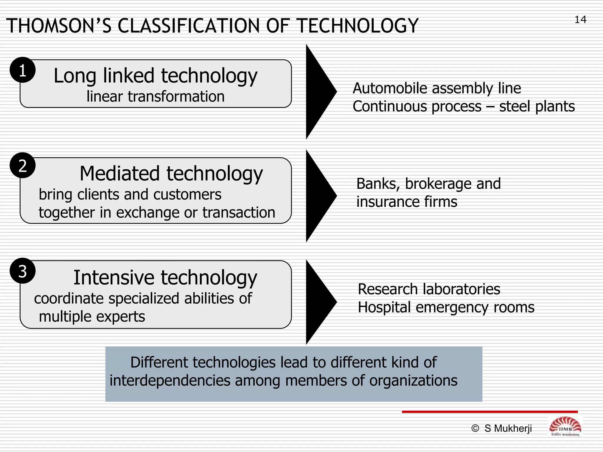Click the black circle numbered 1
tap(23, 70)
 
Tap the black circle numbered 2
tap(23, 165)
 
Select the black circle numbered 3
tap(23, 271)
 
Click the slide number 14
tap(580, 20)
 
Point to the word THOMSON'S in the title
tap(59, 26)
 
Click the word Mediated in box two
tap(120, 174)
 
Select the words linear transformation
tap(155, 97)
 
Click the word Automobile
tap(391, 88)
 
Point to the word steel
tap(515, 106)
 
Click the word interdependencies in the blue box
tap(170, 380)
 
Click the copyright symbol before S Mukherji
tap(475, 428)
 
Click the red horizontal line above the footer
tap(490, 412)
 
